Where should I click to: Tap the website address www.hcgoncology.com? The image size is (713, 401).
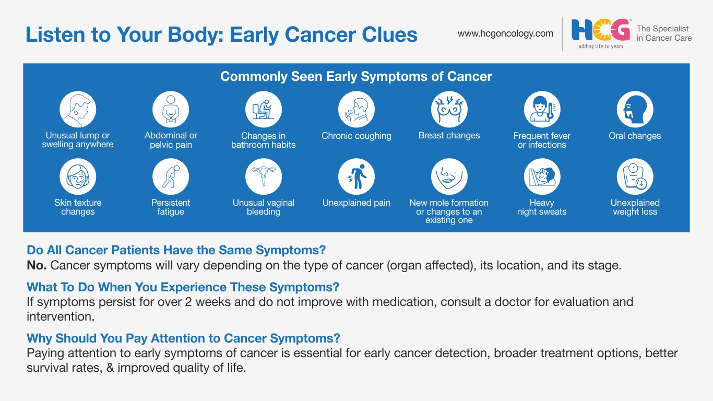tap(505, 33)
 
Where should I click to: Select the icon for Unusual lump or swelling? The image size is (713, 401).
tap(78, 109)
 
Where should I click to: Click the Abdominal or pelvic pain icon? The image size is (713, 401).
tap(171, 109)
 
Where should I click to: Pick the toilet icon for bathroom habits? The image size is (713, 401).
tap(264, 109)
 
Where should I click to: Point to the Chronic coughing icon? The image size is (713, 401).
tap(356, 109)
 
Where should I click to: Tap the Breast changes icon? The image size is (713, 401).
tap(449, 109)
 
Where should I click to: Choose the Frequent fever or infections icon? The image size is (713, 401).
tap(542, 109)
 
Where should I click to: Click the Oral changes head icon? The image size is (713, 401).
tap(635, 109)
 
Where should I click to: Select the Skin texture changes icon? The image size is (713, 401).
tap(78, 176)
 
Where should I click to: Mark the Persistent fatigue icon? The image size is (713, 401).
tap(171, 176)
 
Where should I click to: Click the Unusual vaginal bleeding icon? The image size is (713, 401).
tap(264, 176)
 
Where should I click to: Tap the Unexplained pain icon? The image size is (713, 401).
tap(356, 176)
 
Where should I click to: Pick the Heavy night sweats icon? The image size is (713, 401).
tap(542, 176)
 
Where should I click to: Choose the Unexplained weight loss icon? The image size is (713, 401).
tap(635, 176)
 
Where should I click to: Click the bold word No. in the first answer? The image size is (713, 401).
tap(37, 265)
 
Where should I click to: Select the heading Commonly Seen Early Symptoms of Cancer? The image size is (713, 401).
tap(356, 76)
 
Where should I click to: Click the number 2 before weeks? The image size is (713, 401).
tap(188, 302)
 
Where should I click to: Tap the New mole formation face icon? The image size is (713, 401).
tap(449, 176)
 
